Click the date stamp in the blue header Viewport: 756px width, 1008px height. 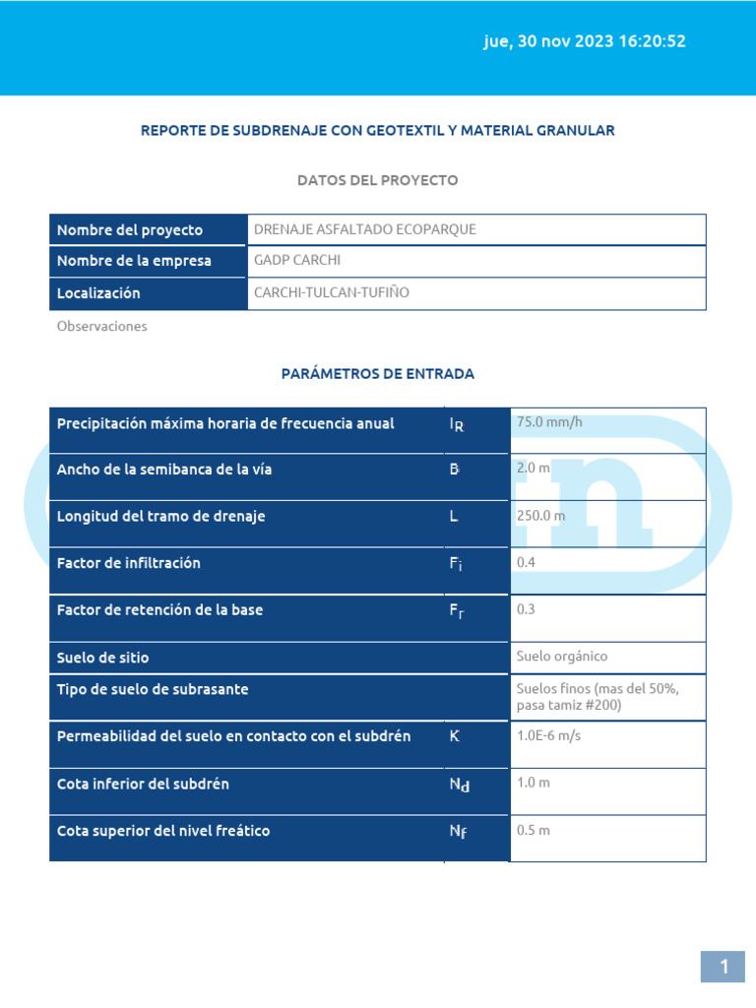point(585,41)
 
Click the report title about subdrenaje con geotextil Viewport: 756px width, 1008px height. point(378,130)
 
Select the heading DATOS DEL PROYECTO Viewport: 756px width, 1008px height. point(378,180)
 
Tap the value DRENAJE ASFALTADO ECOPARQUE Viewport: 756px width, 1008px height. point(365,229)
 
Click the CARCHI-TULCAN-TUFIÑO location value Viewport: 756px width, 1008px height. point(332,292)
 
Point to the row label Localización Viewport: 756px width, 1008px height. point(98,292)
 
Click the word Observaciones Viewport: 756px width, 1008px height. point(101,326)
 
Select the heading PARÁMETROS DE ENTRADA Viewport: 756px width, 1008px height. point(378,373)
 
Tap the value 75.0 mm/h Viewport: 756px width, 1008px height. point(549,422)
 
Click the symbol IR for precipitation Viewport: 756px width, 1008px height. point(457,424)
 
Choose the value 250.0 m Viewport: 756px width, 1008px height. point(541,515)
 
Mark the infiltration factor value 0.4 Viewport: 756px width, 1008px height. point(526,562)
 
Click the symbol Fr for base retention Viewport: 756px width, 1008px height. point(457,610)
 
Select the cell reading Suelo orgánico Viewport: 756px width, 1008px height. point(562,656)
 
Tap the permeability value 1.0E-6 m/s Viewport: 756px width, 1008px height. point(548,735)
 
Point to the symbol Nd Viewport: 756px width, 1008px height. point(459,785)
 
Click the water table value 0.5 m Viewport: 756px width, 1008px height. point(534,830)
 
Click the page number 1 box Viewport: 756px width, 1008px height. point(724,967)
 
